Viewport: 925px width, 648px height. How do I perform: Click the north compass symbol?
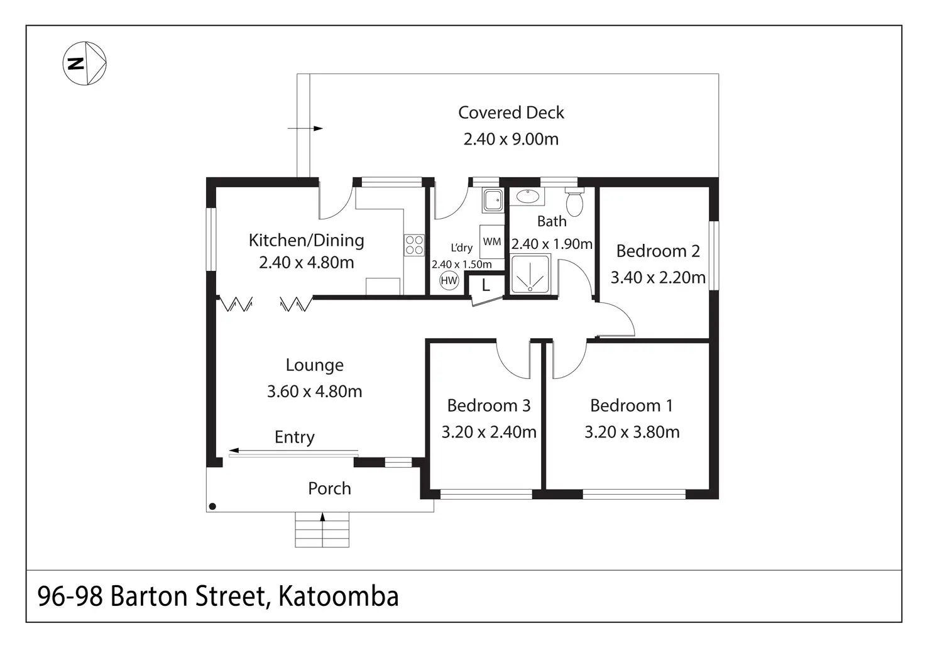[x=85, y=63]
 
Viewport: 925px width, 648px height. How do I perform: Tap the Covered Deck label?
[x=511, y=113]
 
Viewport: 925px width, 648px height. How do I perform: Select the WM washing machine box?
[x=492, y=242]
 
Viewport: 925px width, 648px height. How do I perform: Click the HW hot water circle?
[x=449, y=281]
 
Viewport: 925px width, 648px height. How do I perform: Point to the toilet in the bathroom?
[x=574, y=202]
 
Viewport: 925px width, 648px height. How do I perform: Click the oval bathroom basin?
[x=527, y=197]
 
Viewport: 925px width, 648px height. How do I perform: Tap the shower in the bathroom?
[x=531, y=274]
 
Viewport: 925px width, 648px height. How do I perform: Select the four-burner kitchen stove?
[x=414, y=245]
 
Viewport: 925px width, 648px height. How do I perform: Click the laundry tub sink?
[x=493, y=200]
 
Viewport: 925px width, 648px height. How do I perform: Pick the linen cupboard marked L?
[x=485, y=287]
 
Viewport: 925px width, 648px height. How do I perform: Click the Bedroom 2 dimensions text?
[x=658, y=277]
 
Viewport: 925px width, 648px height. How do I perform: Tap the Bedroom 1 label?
[x=632, y=405]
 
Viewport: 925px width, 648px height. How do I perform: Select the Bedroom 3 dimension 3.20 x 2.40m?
[x=489, y=432]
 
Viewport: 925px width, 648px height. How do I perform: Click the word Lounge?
[x=314, y=365]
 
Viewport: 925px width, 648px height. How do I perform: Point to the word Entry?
[x=294, y=437]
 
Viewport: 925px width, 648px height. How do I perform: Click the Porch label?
[x=329, y=488]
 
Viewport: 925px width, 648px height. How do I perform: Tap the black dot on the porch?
[x=212, y=506]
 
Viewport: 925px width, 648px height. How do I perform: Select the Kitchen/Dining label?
[x=306, y=240]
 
